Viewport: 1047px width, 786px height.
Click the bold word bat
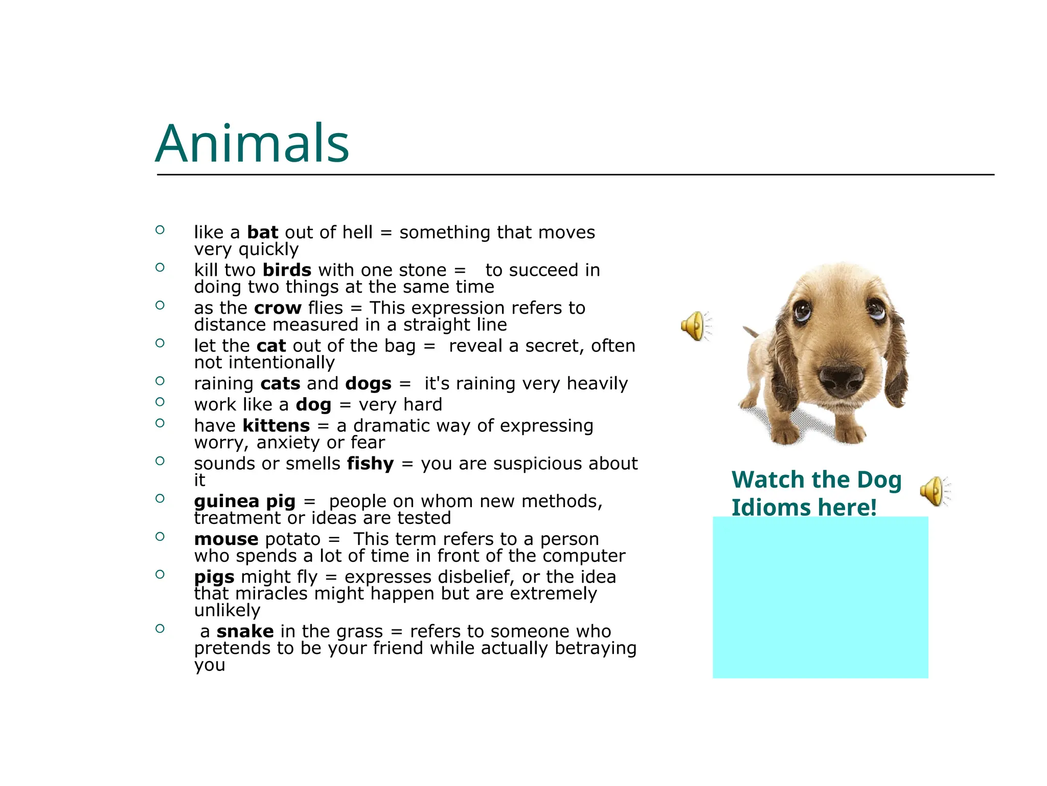coord(262,232)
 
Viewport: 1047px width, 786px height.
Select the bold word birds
coord(287,270)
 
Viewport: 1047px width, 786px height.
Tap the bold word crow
coord(278,308)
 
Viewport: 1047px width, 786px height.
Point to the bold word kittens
coord(276,426)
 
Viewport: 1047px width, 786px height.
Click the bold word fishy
coord(370,464)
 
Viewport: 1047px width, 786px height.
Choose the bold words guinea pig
coord(244,501)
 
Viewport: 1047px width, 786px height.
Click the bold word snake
coord(245,631)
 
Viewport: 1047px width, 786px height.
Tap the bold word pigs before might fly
coord(214,577)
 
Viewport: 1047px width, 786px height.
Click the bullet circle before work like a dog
coord(160,402)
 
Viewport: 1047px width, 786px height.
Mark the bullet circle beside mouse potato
coord(160,537)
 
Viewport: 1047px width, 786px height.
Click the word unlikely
coord(227,610)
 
